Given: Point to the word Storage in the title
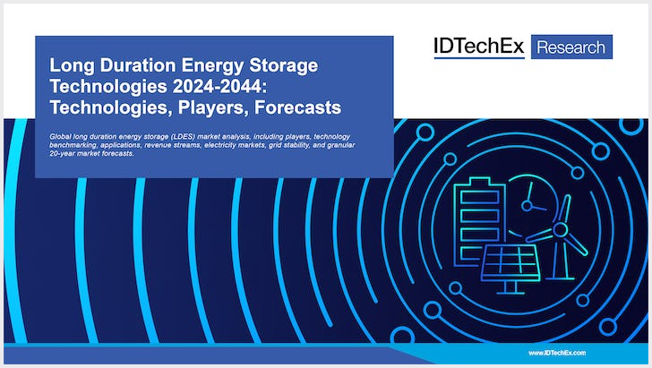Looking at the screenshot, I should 286,67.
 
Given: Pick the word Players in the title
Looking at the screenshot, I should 228,108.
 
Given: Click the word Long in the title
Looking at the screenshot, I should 70,67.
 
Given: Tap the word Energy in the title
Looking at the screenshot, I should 213,67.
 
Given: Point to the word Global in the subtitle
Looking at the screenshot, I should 63,134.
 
